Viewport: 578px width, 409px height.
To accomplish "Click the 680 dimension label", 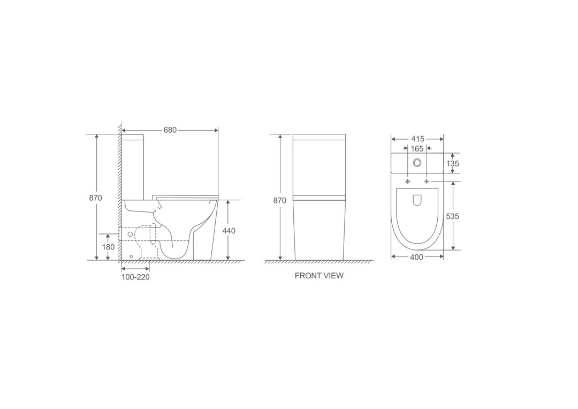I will [x=170, y=130].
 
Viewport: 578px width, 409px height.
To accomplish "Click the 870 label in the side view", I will [x=95, y=198].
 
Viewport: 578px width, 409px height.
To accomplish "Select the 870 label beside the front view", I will [x=280, y=201].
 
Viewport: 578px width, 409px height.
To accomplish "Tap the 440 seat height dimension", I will [x=229, y=231].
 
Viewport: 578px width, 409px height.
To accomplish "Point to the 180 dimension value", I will [x=108, y=247].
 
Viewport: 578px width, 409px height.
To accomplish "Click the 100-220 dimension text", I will [x=135, y=277].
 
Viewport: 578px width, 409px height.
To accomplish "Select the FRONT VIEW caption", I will [x=319, y=276].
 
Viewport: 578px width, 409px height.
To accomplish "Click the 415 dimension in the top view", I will [x=417, y=139].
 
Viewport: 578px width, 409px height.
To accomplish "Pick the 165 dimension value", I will [x=417, y=149].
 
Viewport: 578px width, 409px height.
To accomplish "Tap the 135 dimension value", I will [x=453, y=163].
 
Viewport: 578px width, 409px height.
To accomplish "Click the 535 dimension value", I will [x=453, y=216].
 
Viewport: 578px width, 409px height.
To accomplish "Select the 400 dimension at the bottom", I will [x=416, y=257].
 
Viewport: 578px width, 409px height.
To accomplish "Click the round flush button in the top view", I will [x=417, y=163].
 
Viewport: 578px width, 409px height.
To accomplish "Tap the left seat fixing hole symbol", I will [x=408, y=181].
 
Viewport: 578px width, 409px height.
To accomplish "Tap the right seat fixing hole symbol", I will [x=427, y=181].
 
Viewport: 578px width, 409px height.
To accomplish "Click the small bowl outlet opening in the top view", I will [x=417, y=200].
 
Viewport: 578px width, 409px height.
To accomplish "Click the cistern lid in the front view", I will [x=319, y=136].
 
